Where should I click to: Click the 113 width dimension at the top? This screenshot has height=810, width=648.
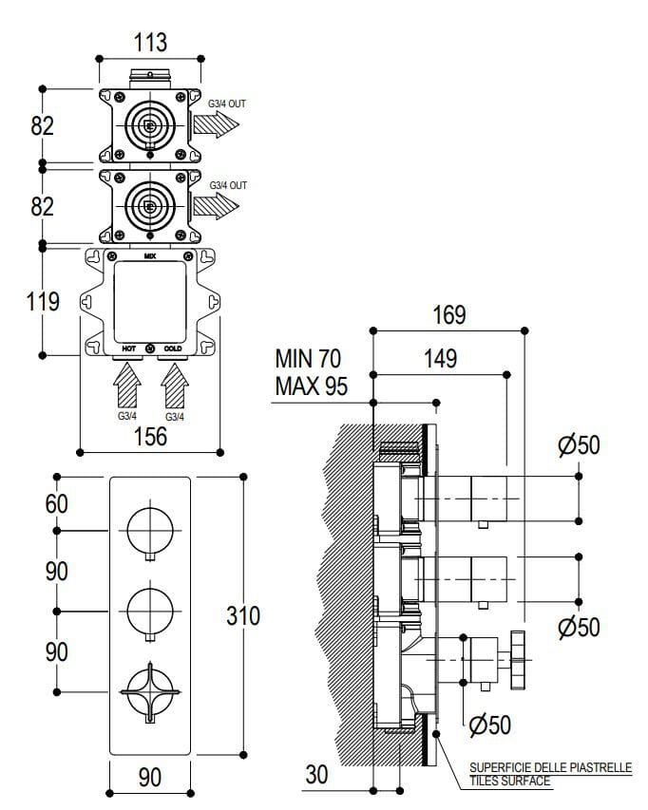150,42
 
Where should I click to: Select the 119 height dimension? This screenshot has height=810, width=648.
43,301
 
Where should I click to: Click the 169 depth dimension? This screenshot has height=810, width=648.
448,314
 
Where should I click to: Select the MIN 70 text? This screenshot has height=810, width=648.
307,358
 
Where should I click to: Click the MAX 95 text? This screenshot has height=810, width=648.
311,386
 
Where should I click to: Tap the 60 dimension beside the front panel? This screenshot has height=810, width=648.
57,503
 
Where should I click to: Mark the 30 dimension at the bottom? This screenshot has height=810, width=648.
316,774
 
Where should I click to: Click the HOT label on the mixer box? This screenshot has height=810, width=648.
129,349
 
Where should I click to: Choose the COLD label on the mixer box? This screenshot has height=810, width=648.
172,349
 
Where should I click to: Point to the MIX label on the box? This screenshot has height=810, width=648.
150,256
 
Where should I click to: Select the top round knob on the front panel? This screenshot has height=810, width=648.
150,528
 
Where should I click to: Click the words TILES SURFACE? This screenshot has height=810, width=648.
509,781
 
